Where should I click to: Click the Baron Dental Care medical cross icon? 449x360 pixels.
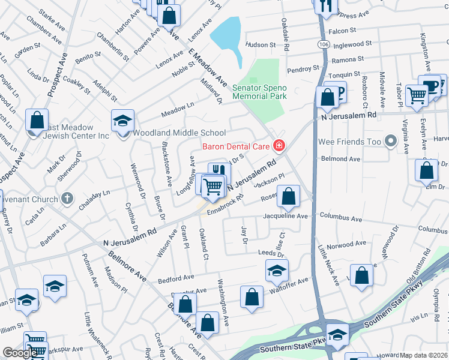279,145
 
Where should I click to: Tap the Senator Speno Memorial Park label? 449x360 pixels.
260,92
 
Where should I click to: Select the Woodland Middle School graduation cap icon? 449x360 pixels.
122,122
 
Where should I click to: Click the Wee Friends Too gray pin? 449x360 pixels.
391,142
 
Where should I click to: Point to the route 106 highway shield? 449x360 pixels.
324,45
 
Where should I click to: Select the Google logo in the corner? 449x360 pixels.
19,353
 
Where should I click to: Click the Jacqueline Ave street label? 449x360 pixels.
286,216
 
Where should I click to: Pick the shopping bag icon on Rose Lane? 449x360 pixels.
289,196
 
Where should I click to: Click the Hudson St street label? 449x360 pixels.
260,44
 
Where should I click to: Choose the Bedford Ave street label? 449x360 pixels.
176,278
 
